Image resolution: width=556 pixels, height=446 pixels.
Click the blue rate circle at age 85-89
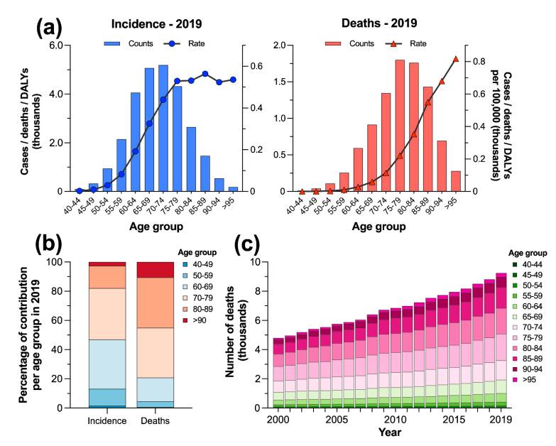[205, 74]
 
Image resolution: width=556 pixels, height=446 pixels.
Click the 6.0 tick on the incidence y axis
[55, 45]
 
